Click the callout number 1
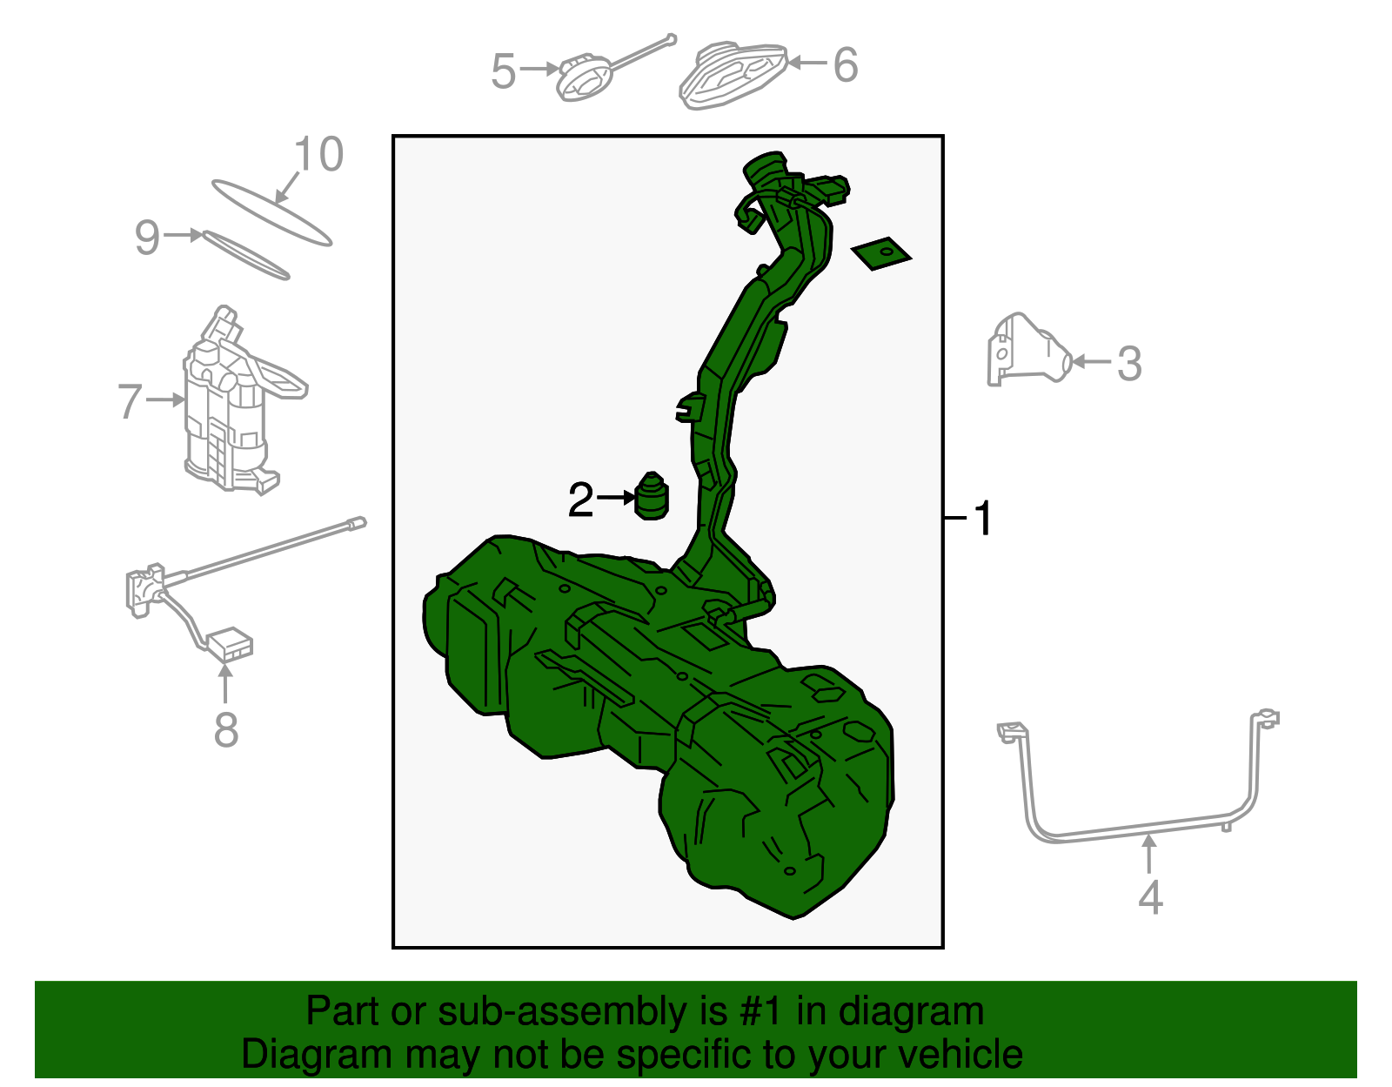click(982, 519)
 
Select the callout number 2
click(581, 500)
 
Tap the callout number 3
click(1129, 364)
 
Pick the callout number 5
click(503, 70)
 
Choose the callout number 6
click(846, 64)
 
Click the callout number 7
click(130, 401)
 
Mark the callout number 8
click(226, 729)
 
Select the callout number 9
click(147, 237)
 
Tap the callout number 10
click(318, 154)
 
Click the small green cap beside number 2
click(652, 495)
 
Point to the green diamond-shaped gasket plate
click(880, 253)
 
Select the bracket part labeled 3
click(1028, 350)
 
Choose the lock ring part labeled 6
click(733, 75)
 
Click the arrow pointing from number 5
click(539, 69)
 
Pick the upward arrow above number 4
click(1149, 854)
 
